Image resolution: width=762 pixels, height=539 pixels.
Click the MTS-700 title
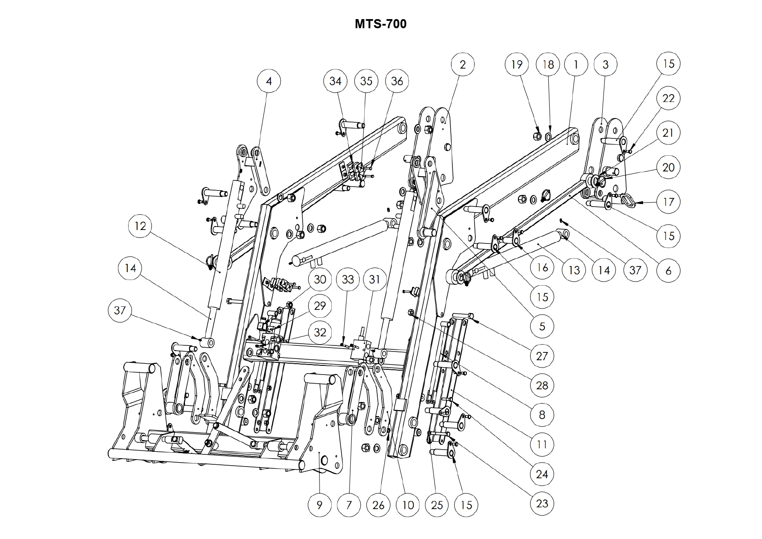(x=380, y=24)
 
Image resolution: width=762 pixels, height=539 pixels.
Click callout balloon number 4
(x=269, y=81)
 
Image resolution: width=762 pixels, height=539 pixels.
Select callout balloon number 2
(x=462, y=64)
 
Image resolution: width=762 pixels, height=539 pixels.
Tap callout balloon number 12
(x=140, y=226)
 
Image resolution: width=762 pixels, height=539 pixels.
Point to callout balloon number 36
(x=397, y=81)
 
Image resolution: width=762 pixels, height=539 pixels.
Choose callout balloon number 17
(x=668, y=202)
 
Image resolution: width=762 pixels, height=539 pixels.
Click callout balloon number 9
(x=320, y=505)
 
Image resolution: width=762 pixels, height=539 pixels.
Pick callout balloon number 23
(x=542, y=503)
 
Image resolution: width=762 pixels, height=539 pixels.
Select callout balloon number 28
(x=542, y=385)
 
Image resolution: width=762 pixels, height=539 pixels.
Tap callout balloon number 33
(x=348, y=279)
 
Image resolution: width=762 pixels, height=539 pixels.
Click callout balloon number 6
(x=668, y=271)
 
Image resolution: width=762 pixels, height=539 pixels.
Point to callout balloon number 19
(x=517, y=64)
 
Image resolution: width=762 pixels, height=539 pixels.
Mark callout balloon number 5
(x=542, y=326)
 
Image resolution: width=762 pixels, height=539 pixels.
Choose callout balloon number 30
(x=320, y=279)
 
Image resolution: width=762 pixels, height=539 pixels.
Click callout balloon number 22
(x=668, y=99)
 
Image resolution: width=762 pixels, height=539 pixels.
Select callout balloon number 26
(x=378, y=505)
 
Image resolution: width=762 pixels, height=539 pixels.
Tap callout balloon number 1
(x=576, y=64)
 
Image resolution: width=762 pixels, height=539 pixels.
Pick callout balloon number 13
(x=574, y=270)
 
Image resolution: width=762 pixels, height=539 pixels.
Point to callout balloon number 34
(x=336, y=81)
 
